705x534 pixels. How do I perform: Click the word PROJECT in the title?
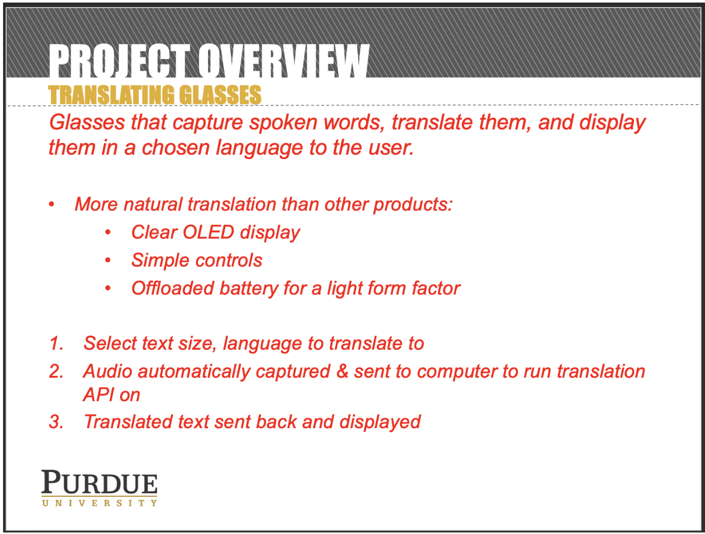[119, 61]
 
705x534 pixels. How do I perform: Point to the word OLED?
[208, 232]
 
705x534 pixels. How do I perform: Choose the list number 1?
[56, 343]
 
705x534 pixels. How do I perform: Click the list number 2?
[56, 371]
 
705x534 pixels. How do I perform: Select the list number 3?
[56, 422]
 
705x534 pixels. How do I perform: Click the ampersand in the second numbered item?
[342, 371]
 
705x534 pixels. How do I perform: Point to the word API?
[98, 395]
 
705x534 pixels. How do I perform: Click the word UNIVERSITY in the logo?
[99, 503]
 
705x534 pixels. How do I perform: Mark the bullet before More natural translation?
[51, 204]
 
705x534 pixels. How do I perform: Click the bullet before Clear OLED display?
[108, 232]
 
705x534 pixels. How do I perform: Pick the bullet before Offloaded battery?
[108, 288]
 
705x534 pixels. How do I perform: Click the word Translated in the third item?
[129, 422]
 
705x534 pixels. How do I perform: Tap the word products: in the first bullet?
[413, 205]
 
